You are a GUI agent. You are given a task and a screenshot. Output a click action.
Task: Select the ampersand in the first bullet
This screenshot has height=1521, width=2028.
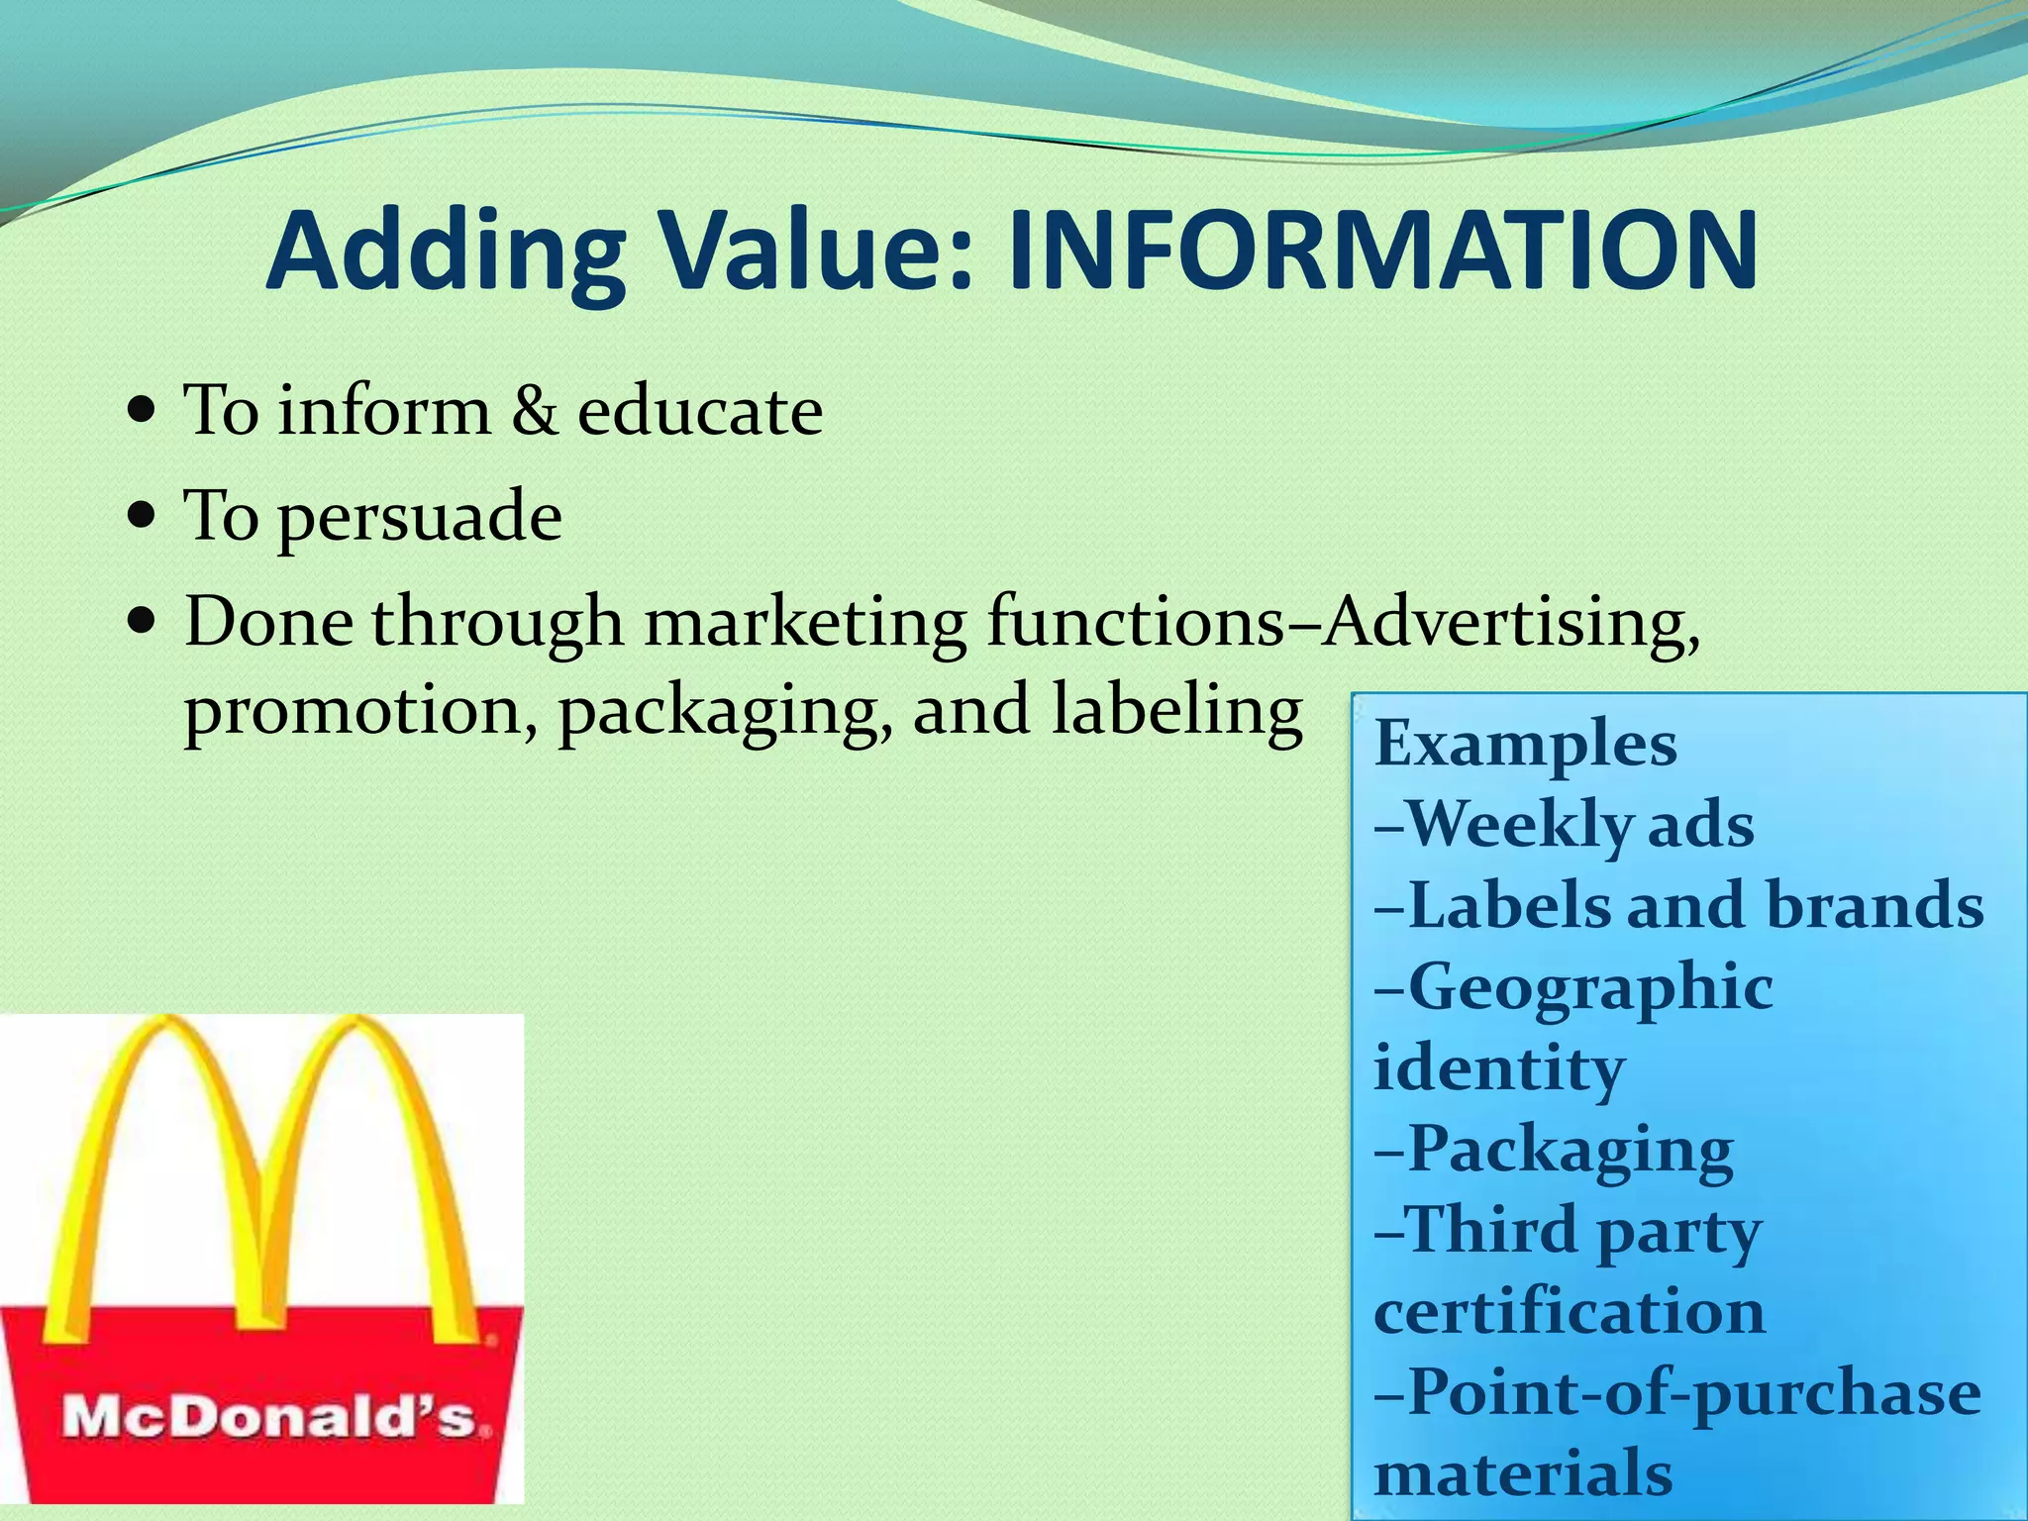[x=534, y=411]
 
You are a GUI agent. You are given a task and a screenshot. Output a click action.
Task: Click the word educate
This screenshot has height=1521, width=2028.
[x=699, y=411]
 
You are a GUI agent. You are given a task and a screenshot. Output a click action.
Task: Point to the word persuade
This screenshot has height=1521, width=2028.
[x=419, y=518]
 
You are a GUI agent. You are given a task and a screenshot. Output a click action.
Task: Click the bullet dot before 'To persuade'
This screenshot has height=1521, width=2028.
[x=143, y=516]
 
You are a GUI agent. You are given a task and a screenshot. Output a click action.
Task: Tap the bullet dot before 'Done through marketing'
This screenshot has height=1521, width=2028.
[x=143, y=623]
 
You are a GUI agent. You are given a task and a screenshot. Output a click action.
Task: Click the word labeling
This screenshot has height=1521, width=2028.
[x=1175, y=711]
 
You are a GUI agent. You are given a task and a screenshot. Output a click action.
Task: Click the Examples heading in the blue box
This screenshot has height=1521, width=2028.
[x=1525, y=745]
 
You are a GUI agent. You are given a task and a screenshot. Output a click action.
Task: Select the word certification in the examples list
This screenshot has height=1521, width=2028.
[x=1569, y=1312]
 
